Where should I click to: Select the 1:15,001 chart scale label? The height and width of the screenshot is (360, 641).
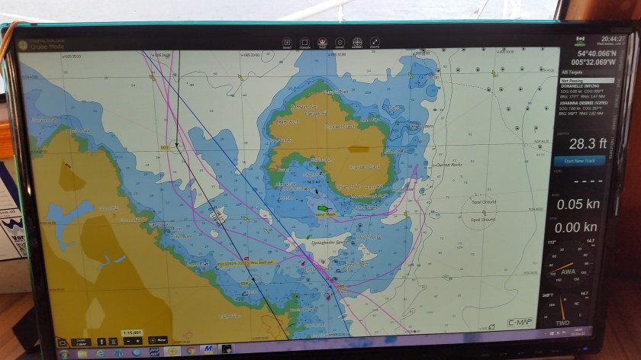pos(131,332)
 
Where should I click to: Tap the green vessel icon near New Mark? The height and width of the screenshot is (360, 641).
pos(322,207)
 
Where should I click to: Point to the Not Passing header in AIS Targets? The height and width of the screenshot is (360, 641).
pos(571,79)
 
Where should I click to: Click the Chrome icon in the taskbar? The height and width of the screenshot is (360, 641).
pos(190,351)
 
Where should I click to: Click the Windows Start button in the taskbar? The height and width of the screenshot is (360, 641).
pos(65,352)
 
